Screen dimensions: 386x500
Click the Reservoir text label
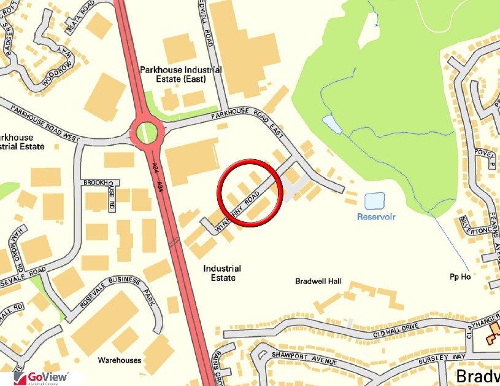tap(377, 217)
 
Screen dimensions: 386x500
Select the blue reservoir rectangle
tap(374, 201)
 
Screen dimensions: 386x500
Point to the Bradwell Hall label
tap(318, 281)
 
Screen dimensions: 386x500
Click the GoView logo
tap(41, 377)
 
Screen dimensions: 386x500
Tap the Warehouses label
tap(120, 360)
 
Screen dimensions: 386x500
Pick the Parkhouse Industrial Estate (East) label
tap(180, 75)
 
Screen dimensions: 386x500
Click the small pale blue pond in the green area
tap(332, 124)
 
